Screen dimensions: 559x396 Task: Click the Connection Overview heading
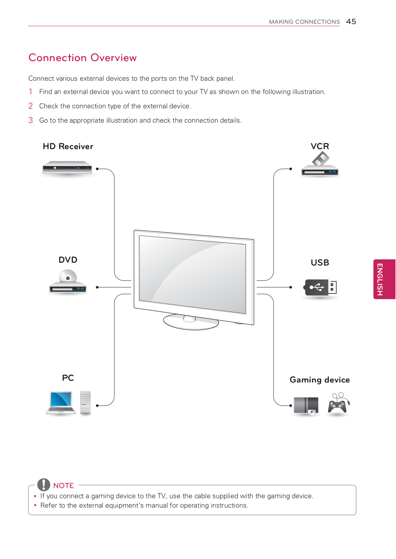(x=83, y=58)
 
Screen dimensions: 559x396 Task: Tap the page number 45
(x=351, y=22)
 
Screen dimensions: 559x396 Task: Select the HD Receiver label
(x=68, y=146)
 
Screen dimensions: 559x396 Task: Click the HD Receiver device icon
(x=67, y=168)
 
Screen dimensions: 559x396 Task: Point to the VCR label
(x=320, y=146)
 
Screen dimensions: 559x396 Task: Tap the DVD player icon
(x=68, y=282)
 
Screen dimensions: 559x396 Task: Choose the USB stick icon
(x=320, y=288)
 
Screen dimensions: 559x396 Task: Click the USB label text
(x=320, y=263)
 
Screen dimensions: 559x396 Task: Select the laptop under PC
(x=61, y=403)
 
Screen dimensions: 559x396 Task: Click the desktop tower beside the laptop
(x=85, y=403)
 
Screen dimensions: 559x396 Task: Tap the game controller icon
(x=338, y=404)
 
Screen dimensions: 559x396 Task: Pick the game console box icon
(x=306, y=406)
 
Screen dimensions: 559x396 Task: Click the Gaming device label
(x=319, y=380)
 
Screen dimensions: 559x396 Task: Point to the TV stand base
(x=191, y=322)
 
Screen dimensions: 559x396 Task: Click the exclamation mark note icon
(x=44, y=485)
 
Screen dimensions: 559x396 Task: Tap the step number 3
(x=31, y=120)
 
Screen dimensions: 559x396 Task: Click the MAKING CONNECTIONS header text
(x=304, y=22)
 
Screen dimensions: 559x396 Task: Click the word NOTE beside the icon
(x=63, y=486)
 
